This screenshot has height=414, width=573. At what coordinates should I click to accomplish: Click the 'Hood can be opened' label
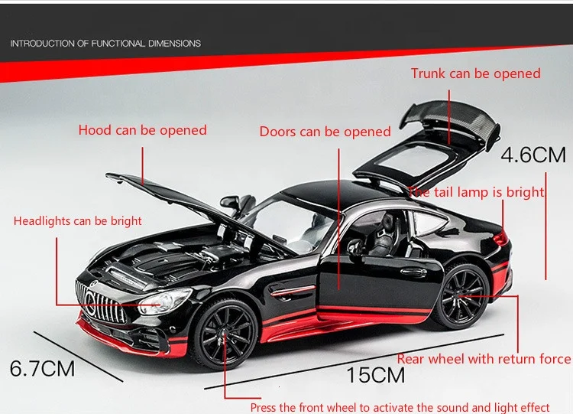[x=142, y=130]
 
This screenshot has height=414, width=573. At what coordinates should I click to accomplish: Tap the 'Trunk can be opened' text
[x=475, y=73]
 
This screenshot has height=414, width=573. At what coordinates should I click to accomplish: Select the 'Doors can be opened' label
[x=325, y=132]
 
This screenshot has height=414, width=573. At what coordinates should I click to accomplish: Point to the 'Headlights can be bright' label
[x=78, y=221]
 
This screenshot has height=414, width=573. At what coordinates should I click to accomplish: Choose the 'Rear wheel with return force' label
[x=484, y=359]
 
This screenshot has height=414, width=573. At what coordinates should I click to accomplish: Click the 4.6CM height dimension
[x=533, y=155]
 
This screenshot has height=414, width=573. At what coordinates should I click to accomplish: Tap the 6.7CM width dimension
[x=43, y=369]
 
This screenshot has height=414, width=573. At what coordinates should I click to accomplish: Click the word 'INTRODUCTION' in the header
[x=42, y=44]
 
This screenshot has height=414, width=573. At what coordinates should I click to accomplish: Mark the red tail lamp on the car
[x=500, y=238]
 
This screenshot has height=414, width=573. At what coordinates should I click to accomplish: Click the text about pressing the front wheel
[x=410, y=407]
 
